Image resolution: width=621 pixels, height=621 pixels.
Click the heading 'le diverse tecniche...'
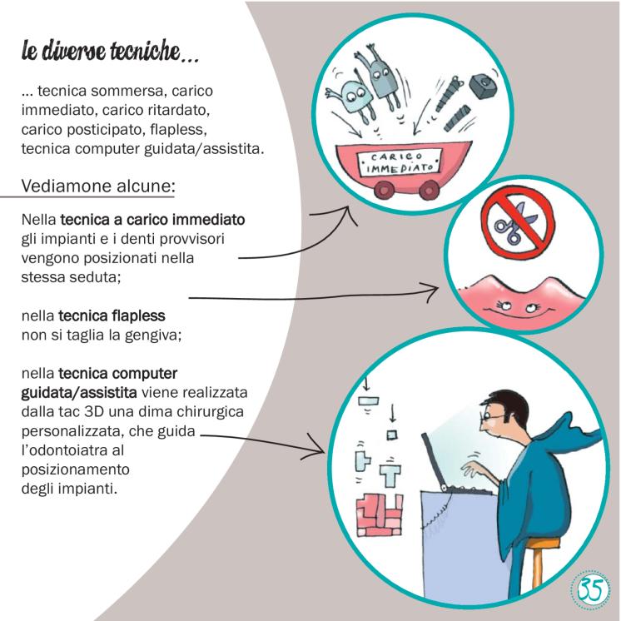tap(110, 51)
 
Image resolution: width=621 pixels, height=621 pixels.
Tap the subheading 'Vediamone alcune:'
tap(98, 186)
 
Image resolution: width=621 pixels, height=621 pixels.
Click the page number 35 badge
tap(590, 589)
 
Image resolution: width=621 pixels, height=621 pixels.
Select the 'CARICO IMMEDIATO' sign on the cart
tap(400, 162)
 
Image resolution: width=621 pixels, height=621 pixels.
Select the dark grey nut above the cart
tap(482, 85)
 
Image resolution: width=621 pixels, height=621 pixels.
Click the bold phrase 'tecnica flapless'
tap(112, 316)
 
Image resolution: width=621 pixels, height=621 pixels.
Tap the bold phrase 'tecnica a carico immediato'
tap(152, 220)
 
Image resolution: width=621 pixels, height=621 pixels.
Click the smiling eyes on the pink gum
tap(519, 306)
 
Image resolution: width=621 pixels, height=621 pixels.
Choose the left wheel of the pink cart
tap(384, 190)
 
